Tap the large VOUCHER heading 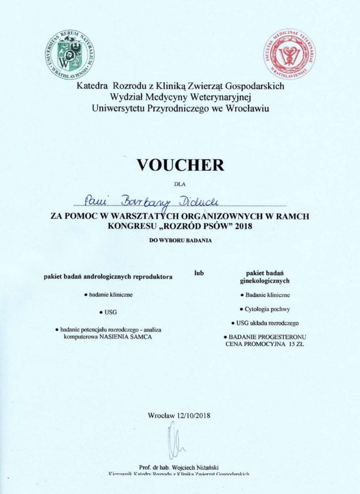[x=180, y=165]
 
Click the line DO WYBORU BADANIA [x=180, y=240]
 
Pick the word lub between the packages [x=199, y=273]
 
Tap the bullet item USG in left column [x=108, y=312]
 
